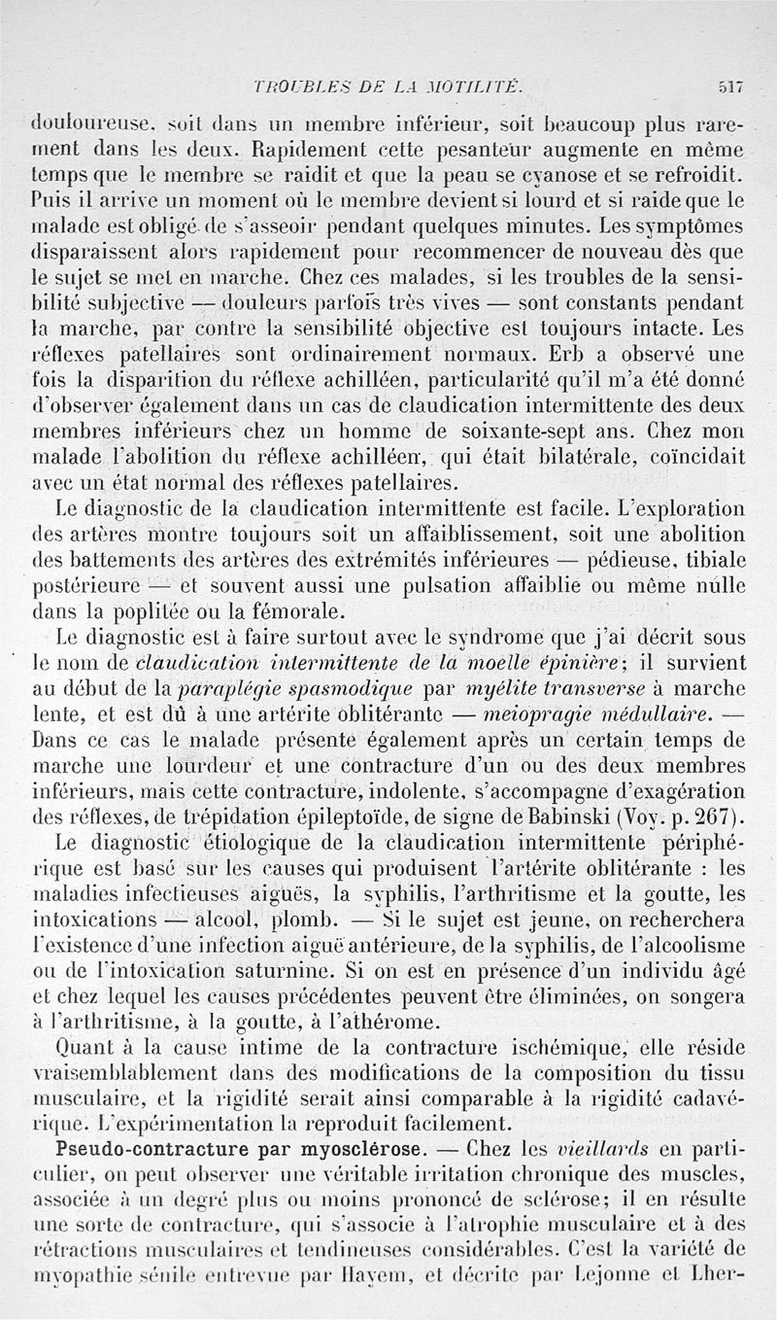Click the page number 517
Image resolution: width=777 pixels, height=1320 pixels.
click(729, 86)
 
